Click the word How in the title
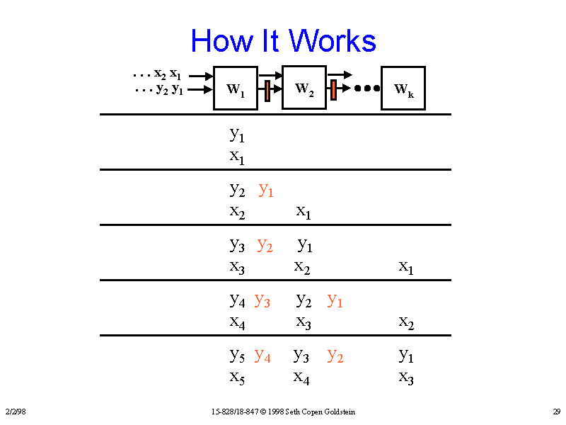(x=219, y=41)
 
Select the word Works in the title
(x=333, y=41)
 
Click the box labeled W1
(x=235, y=89)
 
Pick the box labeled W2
(x=304, y=88)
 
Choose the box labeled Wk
(x=403, y=89)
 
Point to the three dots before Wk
(x=367, y=89)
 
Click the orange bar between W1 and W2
(x=267, y=91)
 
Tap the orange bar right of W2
(x=333, y=90)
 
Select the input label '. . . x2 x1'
(x=157, y=74)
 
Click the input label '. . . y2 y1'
(x=159, y=90)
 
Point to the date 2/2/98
(x=15, y=412)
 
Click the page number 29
(x=557, y=412)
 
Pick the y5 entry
(x=237, y=355)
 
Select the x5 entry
(x=237, y=377)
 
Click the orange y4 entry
(x=262, y=356)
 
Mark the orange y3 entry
(x=262, y=300)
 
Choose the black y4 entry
(x=237, y=300)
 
